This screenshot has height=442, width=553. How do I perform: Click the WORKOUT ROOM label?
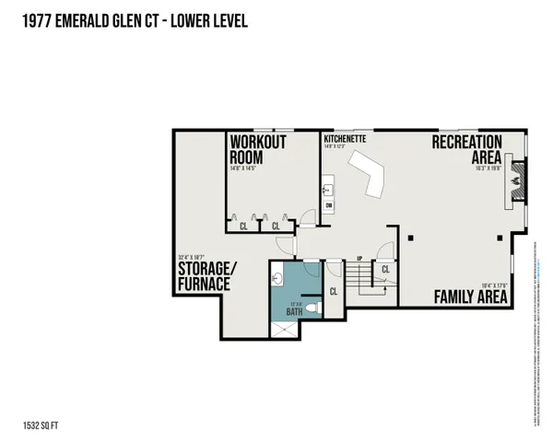click(x=258, y=150)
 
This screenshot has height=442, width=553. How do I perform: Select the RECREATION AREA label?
click(x=467, y=148)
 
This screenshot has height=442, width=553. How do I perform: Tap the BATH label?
click(x=294, y=312)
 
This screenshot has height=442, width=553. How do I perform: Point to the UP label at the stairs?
click(x=359, y=258)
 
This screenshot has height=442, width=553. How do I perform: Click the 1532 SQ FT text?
click(x=43, y=426)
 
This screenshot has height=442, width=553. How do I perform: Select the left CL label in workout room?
click(x=243, y=226)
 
